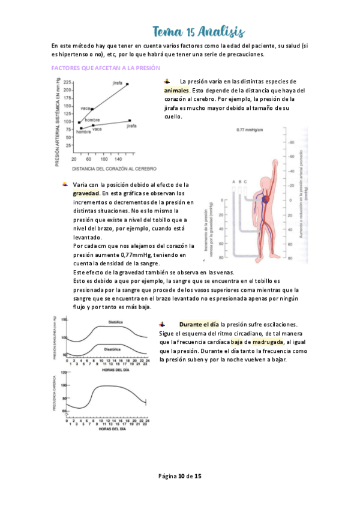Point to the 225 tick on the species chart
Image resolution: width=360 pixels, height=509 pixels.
coord(68,82)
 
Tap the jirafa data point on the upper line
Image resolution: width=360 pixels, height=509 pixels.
coord(127,84)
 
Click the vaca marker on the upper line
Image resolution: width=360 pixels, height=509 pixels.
coord(92,109)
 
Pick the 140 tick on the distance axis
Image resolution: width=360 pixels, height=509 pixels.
coord(121,159)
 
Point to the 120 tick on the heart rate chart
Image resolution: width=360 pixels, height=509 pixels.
coord(64,373)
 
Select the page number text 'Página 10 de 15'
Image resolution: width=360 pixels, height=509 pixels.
coord(179,476)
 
